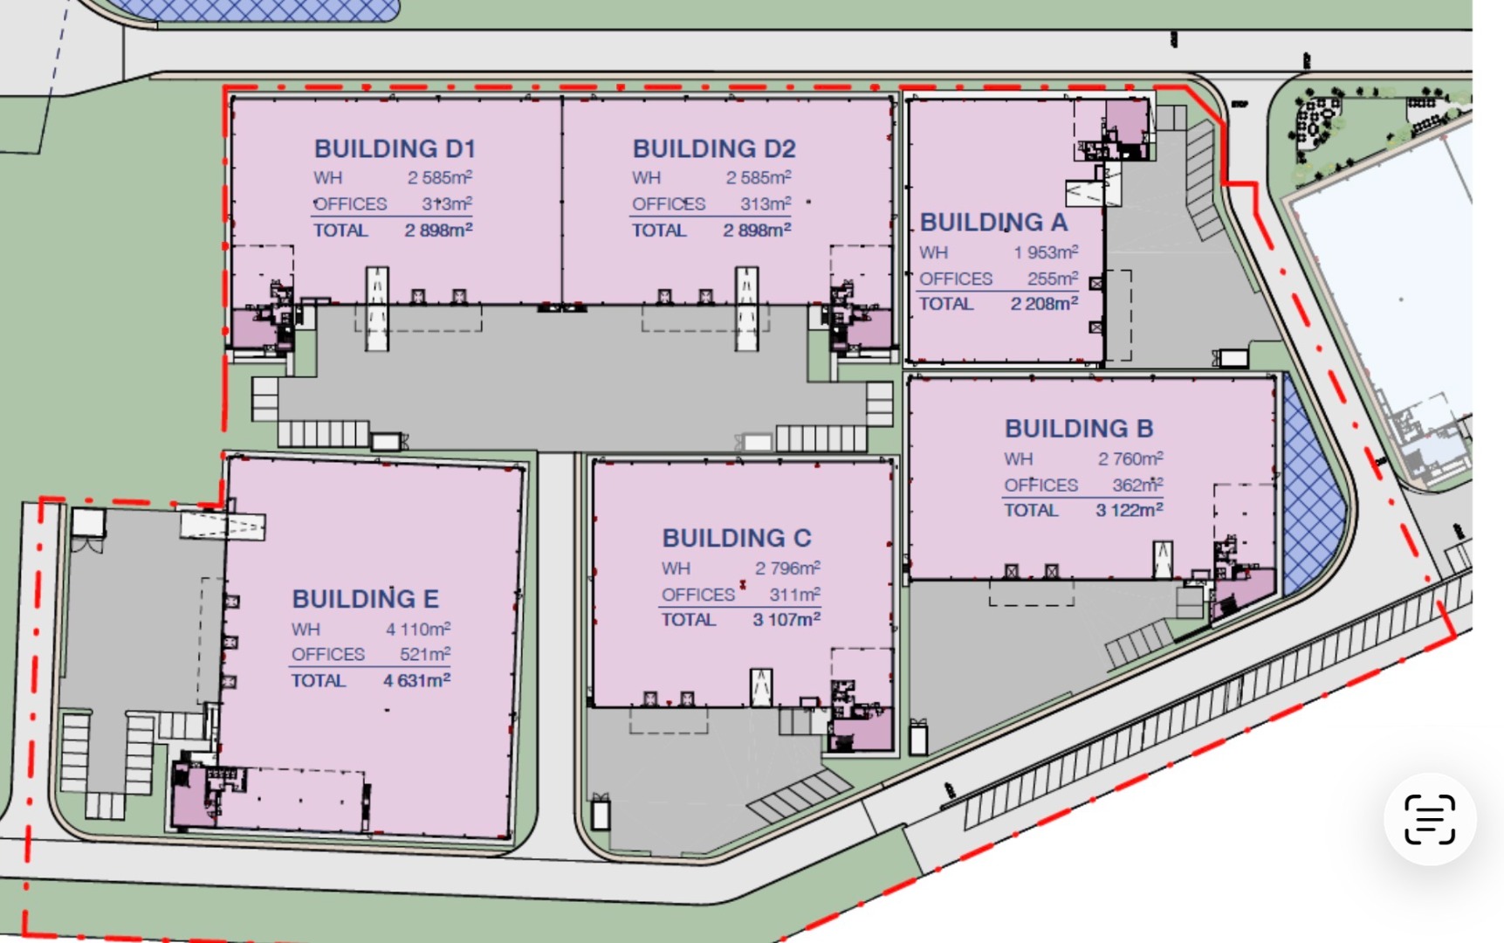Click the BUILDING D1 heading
tap(395, 148)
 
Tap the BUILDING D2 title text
tap(714, 148)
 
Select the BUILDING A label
tap(994, 223)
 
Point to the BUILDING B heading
tap(1079, 429)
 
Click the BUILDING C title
tap(737, 538)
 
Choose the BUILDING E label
tap(365, 599)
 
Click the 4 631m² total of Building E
tap(416, 680)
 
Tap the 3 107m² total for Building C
tap(786, 619)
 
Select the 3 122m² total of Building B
tap(1130, 510)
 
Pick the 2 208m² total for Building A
tap(1044, 304)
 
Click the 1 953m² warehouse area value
tap(1046, 252)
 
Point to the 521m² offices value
tap(425, 654)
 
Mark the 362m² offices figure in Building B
tap(1137, 485)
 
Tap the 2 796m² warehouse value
tap(787, 568)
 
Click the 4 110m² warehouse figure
tap(418, 629)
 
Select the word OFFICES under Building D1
tap(350, 204)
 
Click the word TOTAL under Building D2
tap(659, 231)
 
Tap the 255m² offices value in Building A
tap(1053, 279)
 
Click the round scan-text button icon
tap(1430, 819)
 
